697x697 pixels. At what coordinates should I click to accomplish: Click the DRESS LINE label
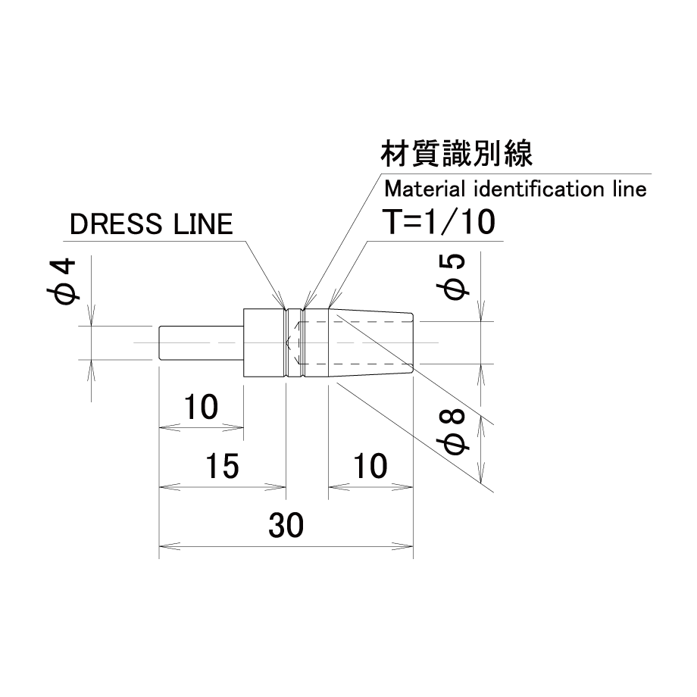coord(151,223)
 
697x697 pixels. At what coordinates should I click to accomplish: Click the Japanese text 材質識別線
coord(457,154)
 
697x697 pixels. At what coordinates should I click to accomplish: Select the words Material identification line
coord(515,189)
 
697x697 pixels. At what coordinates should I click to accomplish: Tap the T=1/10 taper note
coord(439,222)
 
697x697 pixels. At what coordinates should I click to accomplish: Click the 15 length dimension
coord(222,466)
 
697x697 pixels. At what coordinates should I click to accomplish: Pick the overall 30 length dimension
coord(286,525)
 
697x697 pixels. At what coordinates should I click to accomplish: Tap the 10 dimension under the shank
coord(201,407)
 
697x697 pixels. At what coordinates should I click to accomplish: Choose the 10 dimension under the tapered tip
coord(370,466)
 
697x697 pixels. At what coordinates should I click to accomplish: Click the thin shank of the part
coord(202,342)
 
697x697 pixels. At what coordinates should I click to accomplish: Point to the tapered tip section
coord(370,342)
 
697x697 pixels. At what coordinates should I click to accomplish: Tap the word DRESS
coord(116,223)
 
